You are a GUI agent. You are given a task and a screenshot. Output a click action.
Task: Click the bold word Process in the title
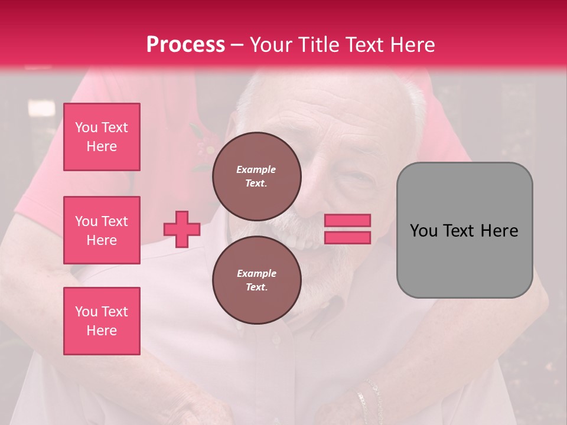coord(185,44)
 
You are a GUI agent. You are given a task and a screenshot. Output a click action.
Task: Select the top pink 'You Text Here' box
coord(102,137)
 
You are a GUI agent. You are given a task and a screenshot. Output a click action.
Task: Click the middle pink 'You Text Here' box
coord(102,230)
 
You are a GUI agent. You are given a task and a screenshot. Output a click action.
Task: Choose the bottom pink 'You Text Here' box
coord(102,321)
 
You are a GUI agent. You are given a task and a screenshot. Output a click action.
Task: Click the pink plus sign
coord(182,229)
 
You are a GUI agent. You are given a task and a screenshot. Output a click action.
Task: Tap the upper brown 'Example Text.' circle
coord(256,176)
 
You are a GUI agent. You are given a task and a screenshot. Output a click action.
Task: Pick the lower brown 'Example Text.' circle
coord(256,280)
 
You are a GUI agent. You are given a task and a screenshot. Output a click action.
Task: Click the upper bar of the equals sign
coord(347,220)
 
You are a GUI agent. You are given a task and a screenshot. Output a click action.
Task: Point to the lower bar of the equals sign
coord(347,238)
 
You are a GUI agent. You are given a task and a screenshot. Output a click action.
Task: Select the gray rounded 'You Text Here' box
coord(464,230)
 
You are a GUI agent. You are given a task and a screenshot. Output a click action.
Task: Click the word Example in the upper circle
coord(256,169)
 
